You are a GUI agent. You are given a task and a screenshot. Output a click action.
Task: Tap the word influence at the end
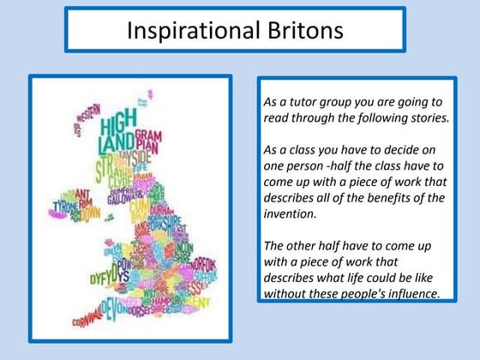tap(411, 293)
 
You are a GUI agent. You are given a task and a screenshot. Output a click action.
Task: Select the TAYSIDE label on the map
tap(133, 157)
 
